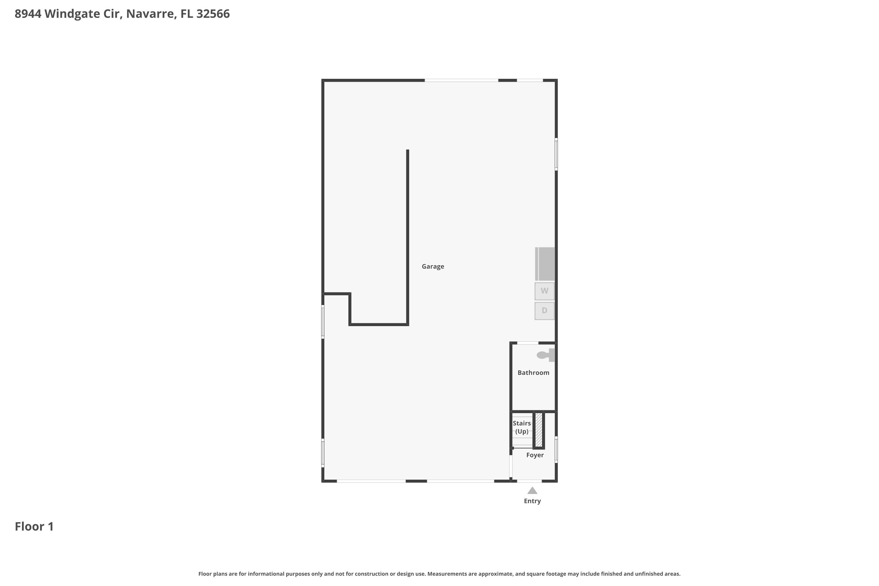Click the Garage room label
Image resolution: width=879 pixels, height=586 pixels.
pos(433,266)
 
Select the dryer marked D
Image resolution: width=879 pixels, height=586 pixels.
pos(544,311)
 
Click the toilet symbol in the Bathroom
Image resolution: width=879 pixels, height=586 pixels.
pos(545,355)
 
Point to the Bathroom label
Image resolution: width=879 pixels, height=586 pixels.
pos(533,373)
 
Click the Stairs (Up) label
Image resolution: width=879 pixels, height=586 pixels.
pos(522,427)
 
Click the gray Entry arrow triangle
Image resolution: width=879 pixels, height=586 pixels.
pos(532,491)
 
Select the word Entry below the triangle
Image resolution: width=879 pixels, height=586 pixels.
pos(532,501)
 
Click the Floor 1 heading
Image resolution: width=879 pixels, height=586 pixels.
pos(34,527)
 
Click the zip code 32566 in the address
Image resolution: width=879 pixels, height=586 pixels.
pos(213,14)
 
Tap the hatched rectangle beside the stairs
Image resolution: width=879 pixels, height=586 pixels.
pos(539,430)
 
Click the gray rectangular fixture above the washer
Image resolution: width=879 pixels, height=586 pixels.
pos(545,264)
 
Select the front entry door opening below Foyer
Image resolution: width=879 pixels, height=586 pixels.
pos(529,481)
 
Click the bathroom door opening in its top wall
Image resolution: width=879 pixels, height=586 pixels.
pos(528,343)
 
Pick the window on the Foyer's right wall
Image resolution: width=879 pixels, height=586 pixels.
pos(556,449)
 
